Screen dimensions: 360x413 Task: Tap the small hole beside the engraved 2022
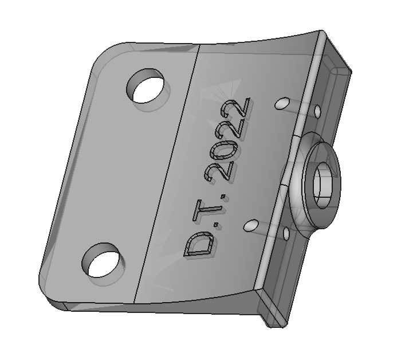(x=282, y=104)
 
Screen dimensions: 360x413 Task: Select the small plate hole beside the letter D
(x=250, y=225)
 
